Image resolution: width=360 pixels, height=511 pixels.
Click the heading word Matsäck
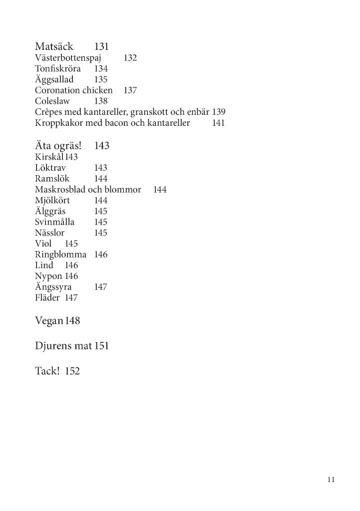(54, 47)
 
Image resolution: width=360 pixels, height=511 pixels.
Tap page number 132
(130, 58)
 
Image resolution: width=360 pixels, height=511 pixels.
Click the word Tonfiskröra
(58, 69)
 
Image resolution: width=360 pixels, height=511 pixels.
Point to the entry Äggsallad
(54, 80)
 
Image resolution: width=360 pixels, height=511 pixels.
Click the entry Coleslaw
(52, 101)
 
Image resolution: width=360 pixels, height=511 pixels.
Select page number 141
(218, 123)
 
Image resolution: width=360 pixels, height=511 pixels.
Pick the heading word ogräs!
(67, 146)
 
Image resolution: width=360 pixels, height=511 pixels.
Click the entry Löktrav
(50, 168)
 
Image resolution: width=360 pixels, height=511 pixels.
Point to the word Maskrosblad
(60, 190)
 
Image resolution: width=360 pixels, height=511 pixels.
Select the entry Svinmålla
(55, 222)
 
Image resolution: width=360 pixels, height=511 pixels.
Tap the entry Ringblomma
(60, 255)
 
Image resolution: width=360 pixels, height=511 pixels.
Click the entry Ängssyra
(53, 287)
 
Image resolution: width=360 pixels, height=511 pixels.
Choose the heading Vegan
(48, 321)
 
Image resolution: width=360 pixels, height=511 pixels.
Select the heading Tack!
(47, 371)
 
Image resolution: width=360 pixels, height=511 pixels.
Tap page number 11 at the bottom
(331, 480)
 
